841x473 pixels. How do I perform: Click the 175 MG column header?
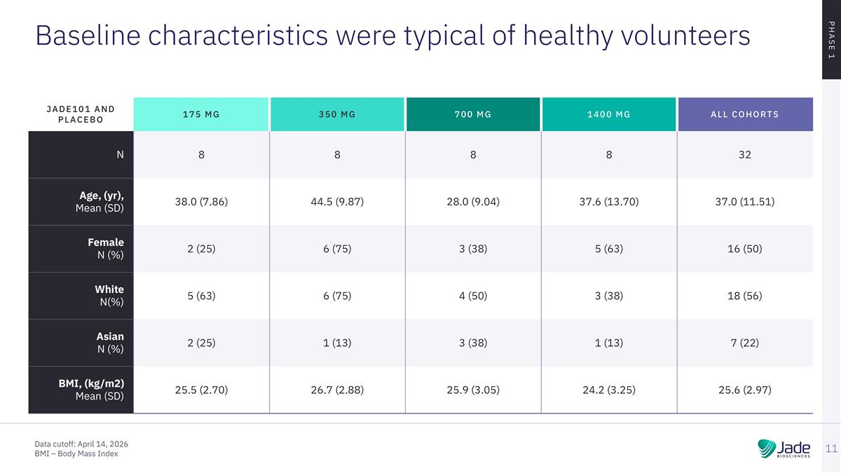[x=201, y=114]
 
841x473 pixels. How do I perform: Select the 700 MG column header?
[x=473, y=114]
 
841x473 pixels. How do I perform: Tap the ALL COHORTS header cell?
[x=745, y=114]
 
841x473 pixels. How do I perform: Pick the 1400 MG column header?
[x=609, y=114]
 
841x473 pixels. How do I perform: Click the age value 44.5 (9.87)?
[x=337, y=202]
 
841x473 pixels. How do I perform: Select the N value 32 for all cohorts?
[x=745, y=155]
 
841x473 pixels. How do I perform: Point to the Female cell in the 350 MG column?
[x=337, y=249]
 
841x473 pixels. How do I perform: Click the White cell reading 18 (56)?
[x=745, y=296]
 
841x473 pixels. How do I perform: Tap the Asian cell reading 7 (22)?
[x=745, y=343]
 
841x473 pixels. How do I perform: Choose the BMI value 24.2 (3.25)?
[x=609, y=390]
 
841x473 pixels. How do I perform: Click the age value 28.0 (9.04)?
[x=473, y=202]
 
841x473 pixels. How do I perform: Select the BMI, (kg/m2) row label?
[x=91, y=390]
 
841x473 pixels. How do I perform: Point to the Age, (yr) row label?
[x=100, y=202]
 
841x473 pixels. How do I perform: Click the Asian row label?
[x=110, y=343]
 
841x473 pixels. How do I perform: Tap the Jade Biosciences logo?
[x=784, y=448]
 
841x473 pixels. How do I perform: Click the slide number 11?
[x=831, y=448]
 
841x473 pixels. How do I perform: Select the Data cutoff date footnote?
[x=81, y=444]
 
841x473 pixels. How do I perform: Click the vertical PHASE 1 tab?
[x=831, y=39]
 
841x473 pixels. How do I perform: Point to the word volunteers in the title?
[x=685, y=35]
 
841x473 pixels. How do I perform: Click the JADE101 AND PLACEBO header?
[x=81, y=114]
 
